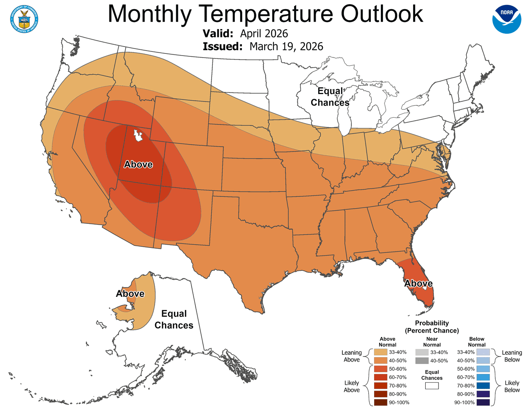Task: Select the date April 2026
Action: pyautogui.click(x=264, y=34)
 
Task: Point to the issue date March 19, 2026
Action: pyautogui.click(x=286, y=46)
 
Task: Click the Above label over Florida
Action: pyautogui.click(x=418, y=284)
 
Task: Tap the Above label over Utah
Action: pyautogui.click(x=138, y=165)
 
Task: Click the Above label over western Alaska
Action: pyautogui.click(x=130, y=294)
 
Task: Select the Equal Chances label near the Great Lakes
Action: pyautogui.click(x=330, y=97)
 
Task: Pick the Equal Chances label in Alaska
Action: pyautogui.click(x=174, y=320)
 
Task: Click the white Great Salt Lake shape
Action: pyautogui.click(x=137, y=136)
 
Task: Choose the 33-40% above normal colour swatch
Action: pyautogui.click(x=380, y=352)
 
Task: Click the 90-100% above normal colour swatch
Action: pyautogui.click(x=380, y=402)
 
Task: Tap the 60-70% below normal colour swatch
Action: pyautogui.click(x=483, y=377)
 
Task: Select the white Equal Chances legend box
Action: pyautogui.click(x=432, y=386)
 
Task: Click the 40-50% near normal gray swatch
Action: pyautogui.click(x=422, y=361)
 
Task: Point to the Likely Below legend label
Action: pyautogui.click(x=512, y=386)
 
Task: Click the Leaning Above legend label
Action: pyautogui.click(x=351, y=356)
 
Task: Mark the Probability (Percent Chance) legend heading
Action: pyautogui.click(x=432, y=327)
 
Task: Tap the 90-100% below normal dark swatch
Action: pyautogui.click(x=483, y=402)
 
